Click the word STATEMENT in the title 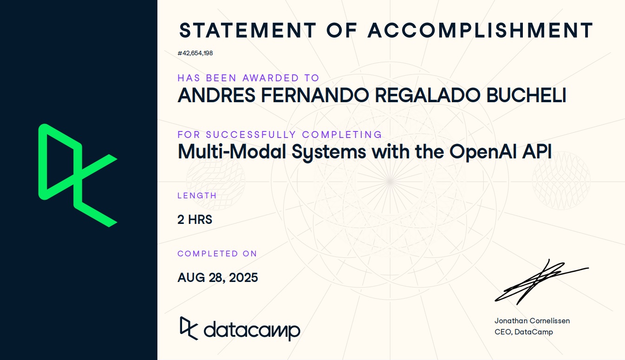[x=248, y=30]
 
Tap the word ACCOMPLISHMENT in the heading [x=481, y=30]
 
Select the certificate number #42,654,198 [x=195, y=53]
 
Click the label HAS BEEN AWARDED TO [x=248, y=78]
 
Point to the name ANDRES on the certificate [x=216, y=95]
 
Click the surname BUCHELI [x=526, y=95]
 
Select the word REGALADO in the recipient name [x=428, y=95]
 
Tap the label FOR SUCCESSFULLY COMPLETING [x=280, y=135]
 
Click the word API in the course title [x=537, y=151]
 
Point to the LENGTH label [x=197, y=196]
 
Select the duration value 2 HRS [x=195, y=220]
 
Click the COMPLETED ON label [x=217, y=254]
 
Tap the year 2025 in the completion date [x=243, y=278]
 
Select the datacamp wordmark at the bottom [x=240, y=329]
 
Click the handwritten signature [x=541, y=282]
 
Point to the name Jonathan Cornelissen [x=532, y=321]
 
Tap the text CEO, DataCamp [x=524, y=332]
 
